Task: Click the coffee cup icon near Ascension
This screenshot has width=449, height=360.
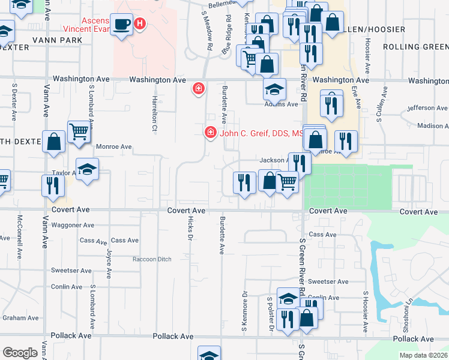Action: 122,25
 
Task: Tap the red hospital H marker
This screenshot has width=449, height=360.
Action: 140,25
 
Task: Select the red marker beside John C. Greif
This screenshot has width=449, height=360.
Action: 210,133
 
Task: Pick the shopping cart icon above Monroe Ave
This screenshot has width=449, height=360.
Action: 79,133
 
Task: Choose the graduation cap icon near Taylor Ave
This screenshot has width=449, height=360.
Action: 87,169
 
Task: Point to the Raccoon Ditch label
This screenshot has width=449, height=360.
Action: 152,259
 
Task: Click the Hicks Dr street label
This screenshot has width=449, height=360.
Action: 190,229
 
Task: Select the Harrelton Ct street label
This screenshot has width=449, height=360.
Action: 154,113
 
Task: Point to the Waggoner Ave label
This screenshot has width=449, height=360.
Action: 73,225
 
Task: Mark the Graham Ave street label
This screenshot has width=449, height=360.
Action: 20,318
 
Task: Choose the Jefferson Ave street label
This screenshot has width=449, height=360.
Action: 427,108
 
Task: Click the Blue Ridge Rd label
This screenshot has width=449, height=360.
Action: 227,42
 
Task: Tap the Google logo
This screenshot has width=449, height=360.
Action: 20,353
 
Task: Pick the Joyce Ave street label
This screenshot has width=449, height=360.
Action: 109,264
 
